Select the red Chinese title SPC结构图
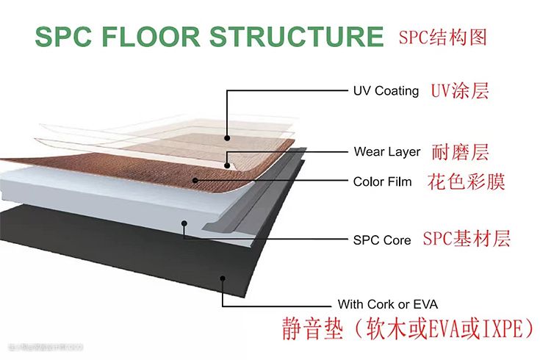tap(442, 37)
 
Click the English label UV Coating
tap(386, 91)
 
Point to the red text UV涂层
tap(460, 91)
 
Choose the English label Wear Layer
tap(387, 152)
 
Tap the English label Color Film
tap(383, 181)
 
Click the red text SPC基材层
tap(467, 239)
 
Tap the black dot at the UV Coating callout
tap(228, 137)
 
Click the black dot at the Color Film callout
tap(195, 180)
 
